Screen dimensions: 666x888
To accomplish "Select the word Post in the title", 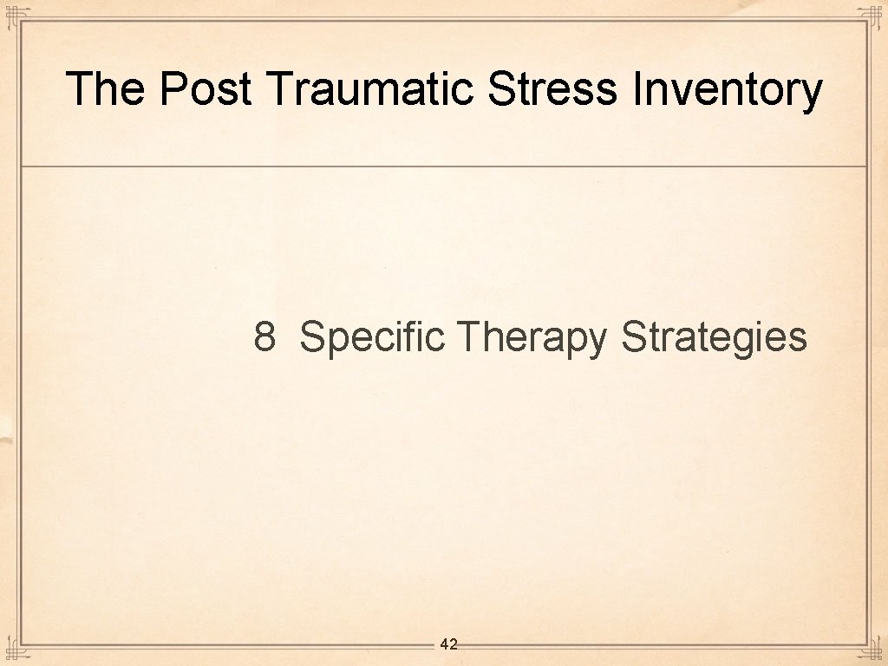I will tap(206, 88).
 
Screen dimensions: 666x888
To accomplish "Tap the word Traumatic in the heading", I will tap(372, 88).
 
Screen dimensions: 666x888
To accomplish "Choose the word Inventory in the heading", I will tap(727, 90).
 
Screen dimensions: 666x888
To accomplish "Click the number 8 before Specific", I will tap(264, 336).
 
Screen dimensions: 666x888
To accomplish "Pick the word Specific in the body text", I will tap(371, 336).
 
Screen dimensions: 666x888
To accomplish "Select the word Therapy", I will tap(532, 336).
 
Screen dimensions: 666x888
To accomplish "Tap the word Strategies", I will tap(714, 337).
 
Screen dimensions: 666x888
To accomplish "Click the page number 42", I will tap(448, 644).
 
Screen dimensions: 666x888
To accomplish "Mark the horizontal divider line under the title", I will tap(444, 166).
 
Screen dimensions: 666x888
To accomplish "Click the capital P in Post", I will tap(173, 88).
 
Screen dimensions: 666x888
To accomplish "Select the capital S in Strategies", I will tap(633, 336).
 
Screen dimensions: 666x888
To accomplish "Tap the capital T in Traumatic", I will tap(280, 88).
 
